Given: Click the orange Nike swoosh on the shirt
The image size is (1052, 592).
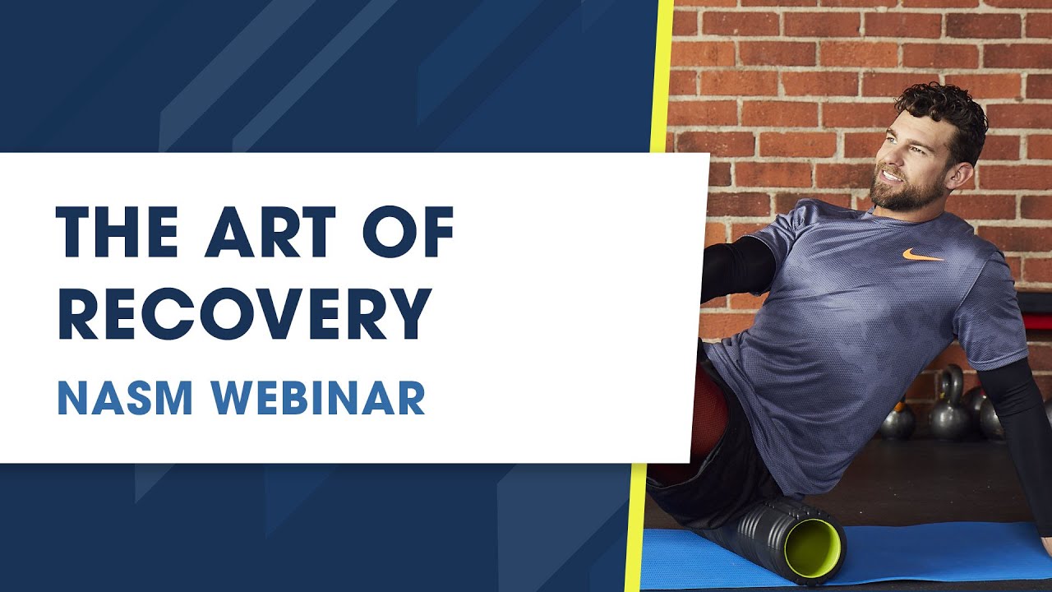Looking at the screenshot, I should [921, 256].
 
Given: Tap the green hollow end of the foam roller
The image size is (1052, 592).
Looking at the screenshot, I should [814, 547].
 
